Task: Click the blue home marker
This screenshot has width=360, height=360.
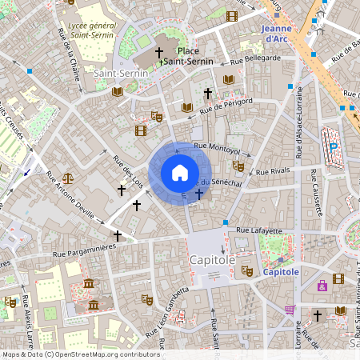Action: [179, 173]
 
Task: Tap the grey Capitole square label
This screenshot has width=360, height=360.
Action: [212, 260]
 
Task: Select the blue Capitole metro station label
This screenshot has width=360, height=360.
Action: [280, 272]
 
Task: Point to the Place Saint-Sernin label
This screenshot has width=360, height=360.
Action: [189, 56]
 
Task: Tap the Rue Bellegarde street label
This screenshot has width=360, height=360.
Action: [255, 58]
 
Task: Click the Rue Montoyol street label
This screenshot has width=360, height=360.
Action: [217, 148]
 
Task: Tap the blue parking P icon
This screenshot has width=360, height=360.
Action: [334, 146]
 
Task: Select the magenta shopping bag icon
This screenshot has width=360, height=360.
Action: [322, 285]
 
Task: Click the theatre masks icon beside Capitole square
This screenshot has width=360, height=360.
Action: [247, 272]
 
